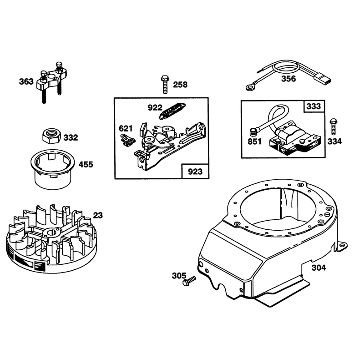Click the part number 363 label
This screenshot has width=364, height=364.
26,82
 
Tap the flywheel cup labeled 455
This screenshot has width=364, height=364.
53,168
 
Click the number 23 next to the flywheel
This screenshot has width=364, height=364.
98,215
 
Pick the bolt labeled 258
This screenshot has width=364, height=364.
165,84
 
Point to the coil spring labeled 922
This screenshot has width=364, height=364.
172,111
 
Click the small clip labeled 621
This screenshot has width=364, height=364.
127,140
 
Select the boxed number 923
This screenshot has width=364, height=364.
195,172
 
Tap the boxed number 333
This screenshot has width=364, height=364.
313,106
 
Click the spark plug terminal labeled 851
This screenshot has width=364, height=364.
253,133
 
